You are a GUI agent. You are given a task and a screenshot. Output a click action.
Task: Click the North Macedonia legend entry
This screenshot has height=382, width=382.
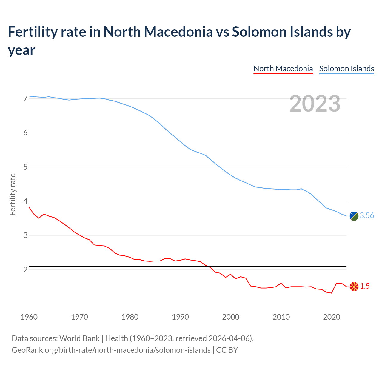pos(283,69)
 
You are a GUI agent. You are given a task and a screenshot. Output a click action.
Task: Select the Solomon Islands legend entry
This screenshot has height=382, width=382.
pos(346,69)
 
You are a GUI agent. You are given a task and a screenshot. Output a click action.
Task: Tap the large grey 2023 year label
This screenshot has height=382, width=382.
pos(315,103)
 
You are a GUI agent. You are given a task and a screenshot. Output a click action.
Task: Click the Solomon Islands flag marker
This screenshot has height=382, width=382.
pos(354,216)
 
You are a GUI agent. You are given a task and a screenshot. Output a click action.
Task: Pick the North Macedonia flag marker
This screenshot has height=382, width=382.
pos(354,286)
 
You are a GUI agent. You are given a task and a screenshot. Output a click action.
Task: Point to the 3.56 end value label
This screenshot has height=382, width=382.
pos(367,215)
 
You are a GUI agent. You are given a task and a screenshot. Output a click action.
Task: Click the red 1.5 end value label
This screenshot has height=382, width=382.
pos(365,286)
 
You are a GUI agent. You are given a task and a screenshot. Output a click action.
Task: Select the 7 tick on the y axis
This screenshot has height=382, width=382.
pos(25,98)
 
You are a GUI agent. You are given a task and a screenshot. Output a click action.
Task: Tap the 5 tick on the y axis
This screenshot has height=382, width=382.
pos(25,167)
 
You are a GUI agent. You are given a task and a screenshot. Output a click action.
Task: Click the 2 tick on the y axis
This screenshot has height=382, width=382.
pos(25,269)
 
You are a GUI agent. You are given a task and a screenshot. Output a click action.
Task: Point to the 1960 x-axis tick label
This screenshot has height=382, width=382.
pos(29,317)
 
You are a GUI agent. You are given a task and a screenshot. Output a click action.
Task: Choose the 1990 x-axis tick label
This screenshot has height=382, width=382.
pos(180,317)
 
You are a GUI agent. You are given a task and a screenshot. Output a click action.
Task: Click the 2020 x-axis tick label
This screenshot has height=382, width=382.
pos(332,317)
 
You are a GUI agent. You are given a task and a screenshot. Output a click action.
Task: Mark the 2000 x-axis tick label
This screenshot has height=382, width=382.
pos(231,317)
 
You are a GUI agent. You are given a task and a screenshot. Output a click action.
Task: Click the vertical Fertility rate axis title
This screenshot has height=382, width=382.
pos(13,194)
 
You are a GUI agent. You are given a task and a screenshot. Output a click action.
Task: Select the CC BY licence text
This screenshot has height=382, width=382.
pos(227,350)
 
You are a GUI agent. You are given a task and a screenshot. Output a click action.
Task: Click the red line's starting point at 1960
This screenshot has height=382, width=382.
pos(29,207)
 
